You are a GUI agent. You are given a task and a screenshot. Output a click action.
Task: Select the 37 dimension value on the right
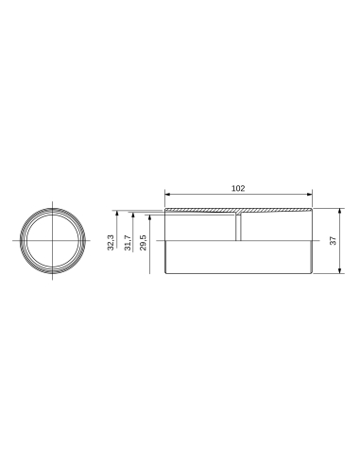pos(334,241)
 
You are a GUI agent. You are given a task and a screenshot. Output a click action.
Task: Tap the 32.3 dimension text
pos(111,243)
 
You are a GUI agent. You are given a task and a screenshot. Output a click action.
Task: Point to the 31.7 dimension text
pos(128,244)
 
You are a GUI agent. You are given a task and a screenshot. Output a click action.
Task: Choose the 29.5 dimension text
pos(143,243)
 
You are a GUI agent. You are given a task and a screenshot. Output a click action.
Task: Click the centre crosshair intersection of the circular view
pos(52,241)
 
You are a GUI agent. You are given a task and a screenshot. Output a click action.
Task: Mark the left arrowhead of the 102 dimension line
pos(168,196)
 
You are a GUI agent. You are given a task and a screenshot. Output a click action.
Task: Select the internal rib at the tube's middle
pos(239,227)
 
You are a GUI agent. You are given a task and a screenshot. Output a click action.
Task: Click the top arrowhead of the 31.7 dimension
pos(134,213)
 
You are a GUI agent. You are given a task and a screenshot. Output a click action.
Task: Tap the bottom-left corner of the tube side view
pos(165,274)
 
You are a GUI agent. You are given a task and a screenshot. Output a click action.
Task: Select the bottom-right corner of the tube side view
pos(312,274)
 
